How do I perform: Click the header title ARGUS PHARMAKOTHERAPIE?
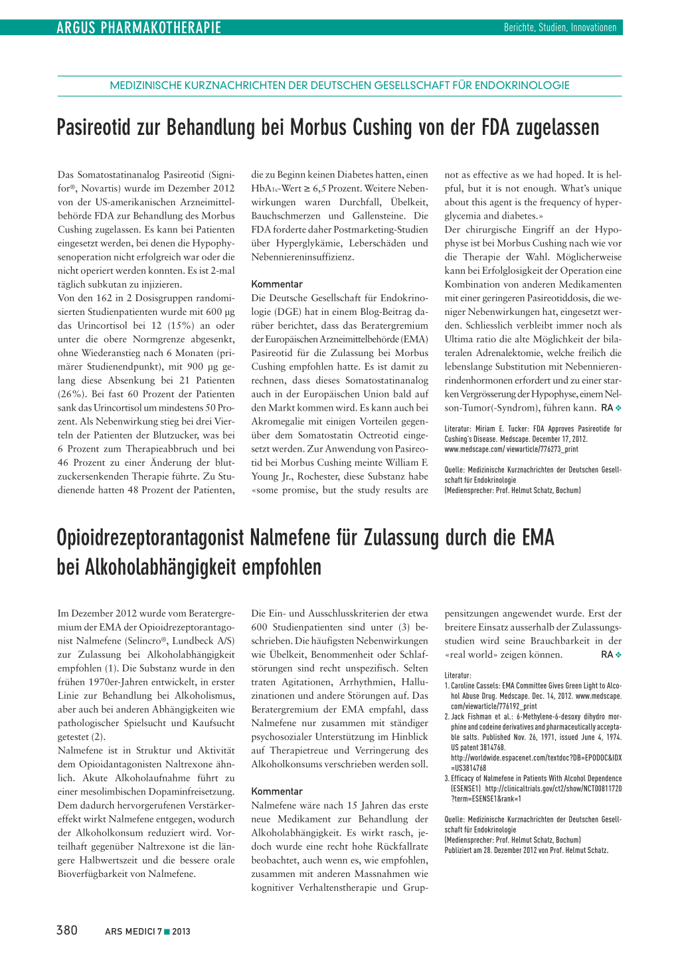click(138, 27)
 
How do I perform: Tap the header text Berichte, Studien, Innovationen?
click(560, 27)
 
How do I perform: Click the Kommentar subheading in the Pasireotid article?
click(277, 284)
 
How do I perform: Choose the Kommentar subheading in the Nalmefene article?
click(277, 791)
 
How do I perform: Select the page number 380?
click(67, 930)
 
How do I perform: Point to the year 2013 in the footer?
click(181, 931)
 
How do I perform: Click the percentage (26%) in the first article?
click(70, 394)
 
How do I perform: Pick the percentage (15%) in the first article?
click(179, 326)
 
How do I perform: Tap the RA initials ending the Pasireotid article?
click(607, 408)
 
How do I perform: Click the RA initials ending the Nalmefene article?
click(607, 654)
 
